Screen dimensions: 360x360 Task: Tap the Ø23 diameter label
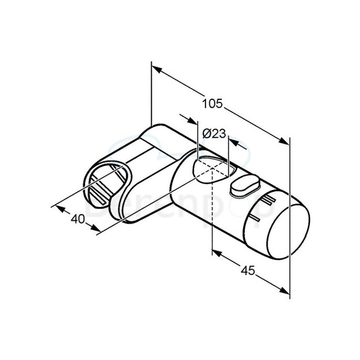pos(214,134)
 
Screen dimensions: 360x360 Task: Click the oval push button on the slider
pos(244,187)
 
